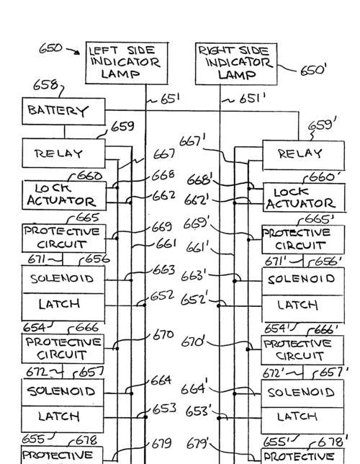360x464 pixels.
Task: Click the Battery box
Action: [63, 111]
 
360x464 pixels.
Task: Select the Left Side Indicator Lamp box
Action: [127, 63]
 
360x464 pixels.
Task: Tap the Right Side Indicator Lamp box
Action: [236, 64]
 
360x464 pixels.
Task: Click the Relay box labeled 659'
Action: [304, 155]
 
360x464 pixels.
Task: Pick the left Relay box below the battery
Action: [63, 153]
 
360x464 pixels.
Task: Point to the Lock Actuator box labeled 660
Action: [64, 195]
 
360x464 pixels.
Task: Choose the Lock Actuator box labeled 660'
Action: [304, 197]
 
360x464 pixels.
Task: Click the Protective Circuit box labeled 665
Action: [64, 238]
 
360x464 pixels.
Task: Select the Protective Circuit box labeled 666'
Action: [302, 350]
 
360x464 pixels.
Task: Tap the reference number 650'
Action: [313, 71]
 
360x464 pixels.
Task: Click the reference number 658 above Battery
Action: [45, 85]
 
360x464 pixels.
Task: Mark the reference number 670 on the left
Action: [163, 335]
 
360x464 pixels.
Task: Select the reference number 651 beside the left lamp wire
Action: [170, 99]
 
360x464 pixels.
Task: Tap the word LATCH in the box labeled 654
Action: [59, 304]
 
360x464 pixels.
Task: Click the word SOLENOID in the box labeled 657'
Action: [301, 393]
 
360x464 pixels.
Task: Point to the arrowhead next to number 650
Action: [77, 53]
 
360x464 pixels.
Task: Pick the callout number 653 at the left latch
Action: [164, 409]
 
